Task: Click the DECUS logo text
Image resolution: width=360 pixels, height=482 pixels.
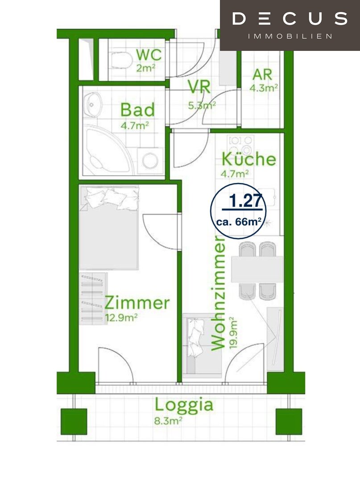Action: click(290, 19)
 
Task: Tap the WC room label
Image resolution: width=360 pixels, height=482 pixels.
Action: click(149, 55)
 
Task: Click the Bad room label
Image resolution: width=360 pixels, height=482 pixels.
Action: click(137, 110)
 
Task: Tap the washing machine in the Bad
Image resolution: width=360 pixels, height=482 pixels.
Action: click(150, 161)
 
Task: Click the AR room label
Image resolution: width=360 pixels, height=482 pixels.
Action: click(262, 75)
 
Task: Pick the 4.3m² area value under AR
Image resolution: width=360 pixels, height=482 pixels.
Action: click(264, 88)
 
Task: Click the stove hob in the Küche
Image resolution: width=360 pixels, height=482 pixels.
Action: click(240, 145)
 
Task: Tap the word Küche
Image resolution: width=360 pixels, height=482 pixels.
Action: click(249, 159)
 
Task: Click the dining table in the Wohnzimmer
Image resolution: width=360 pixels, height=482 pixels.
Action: click(257, 269)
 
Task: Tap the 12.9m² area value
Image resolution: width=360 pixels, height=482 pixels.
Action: click(121, 317)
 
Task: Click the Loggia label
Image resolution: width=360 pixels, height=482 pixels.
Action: click(184, 405)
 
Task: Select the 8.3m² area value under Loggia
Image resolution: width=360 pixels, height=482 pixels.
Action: click(169, 420)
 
